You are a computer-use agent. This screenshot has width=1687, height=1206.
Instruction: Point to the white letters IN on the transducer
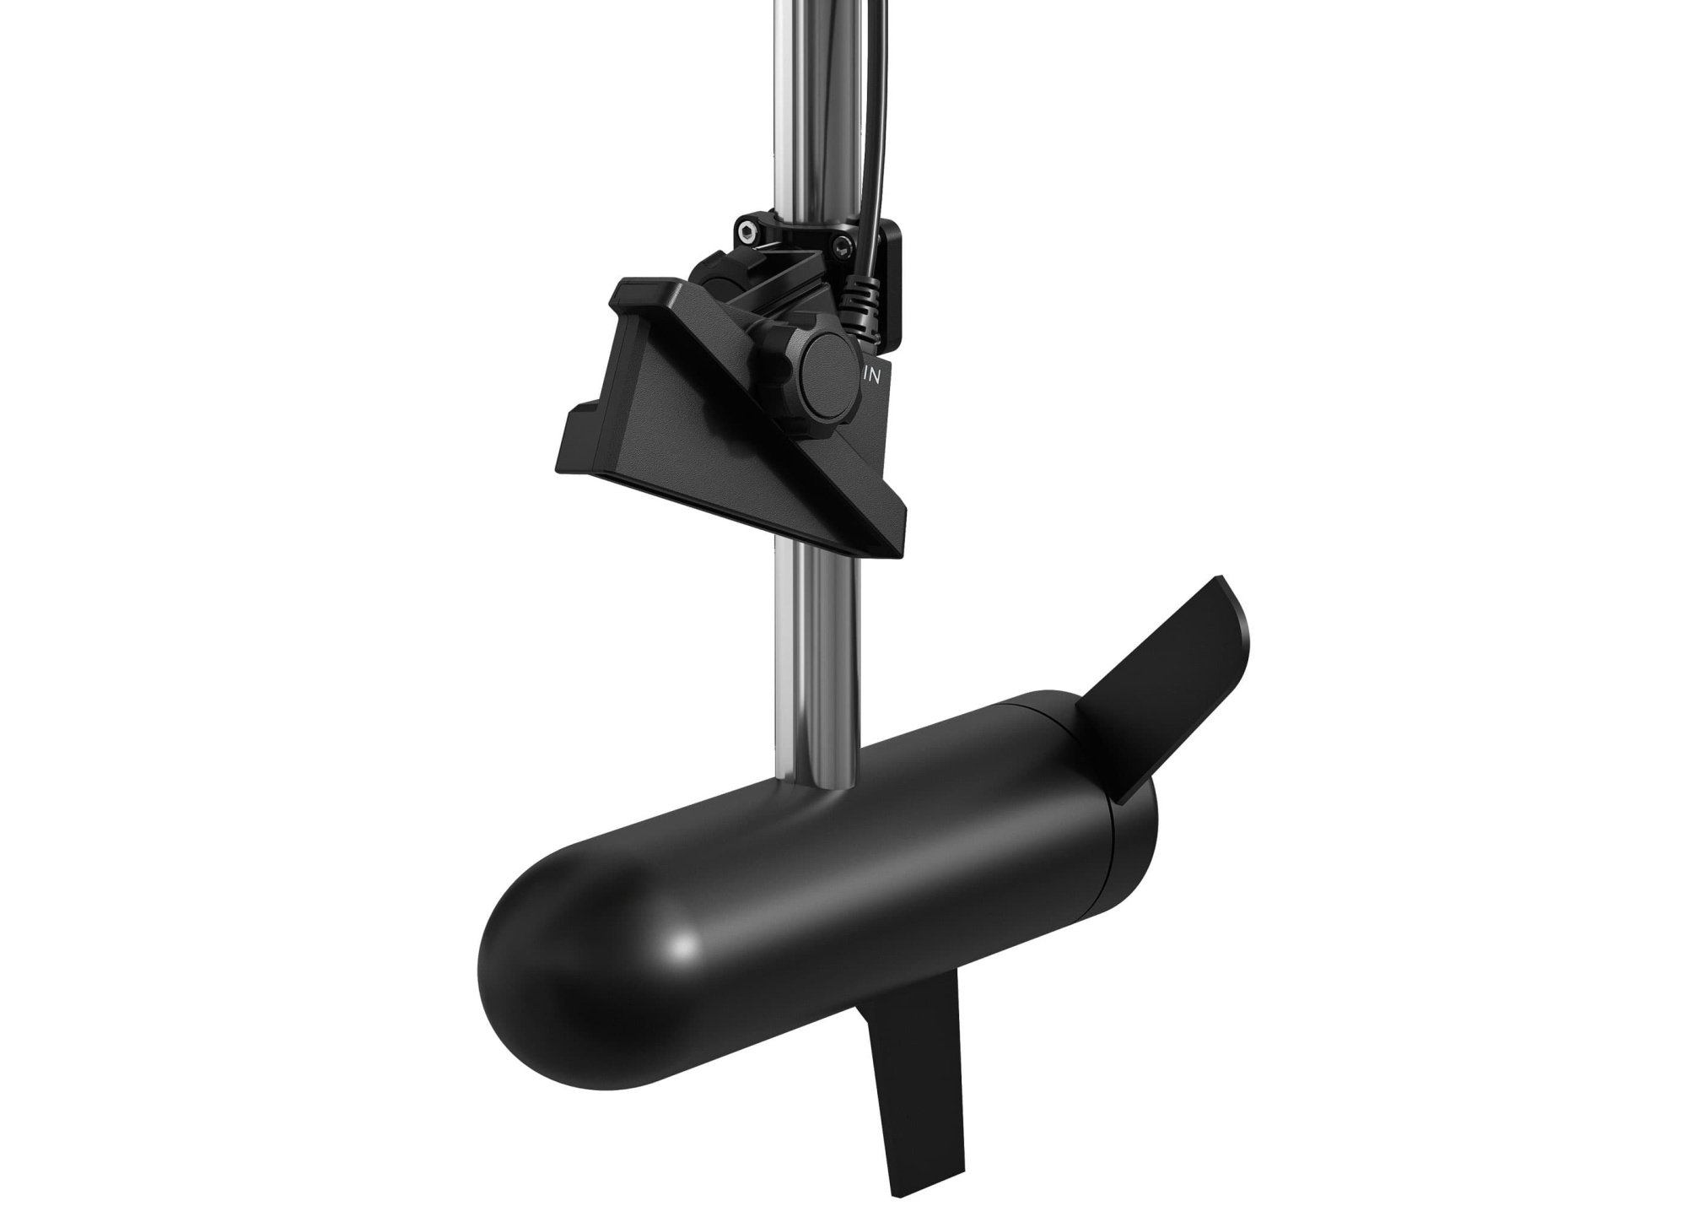point(871,377)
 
